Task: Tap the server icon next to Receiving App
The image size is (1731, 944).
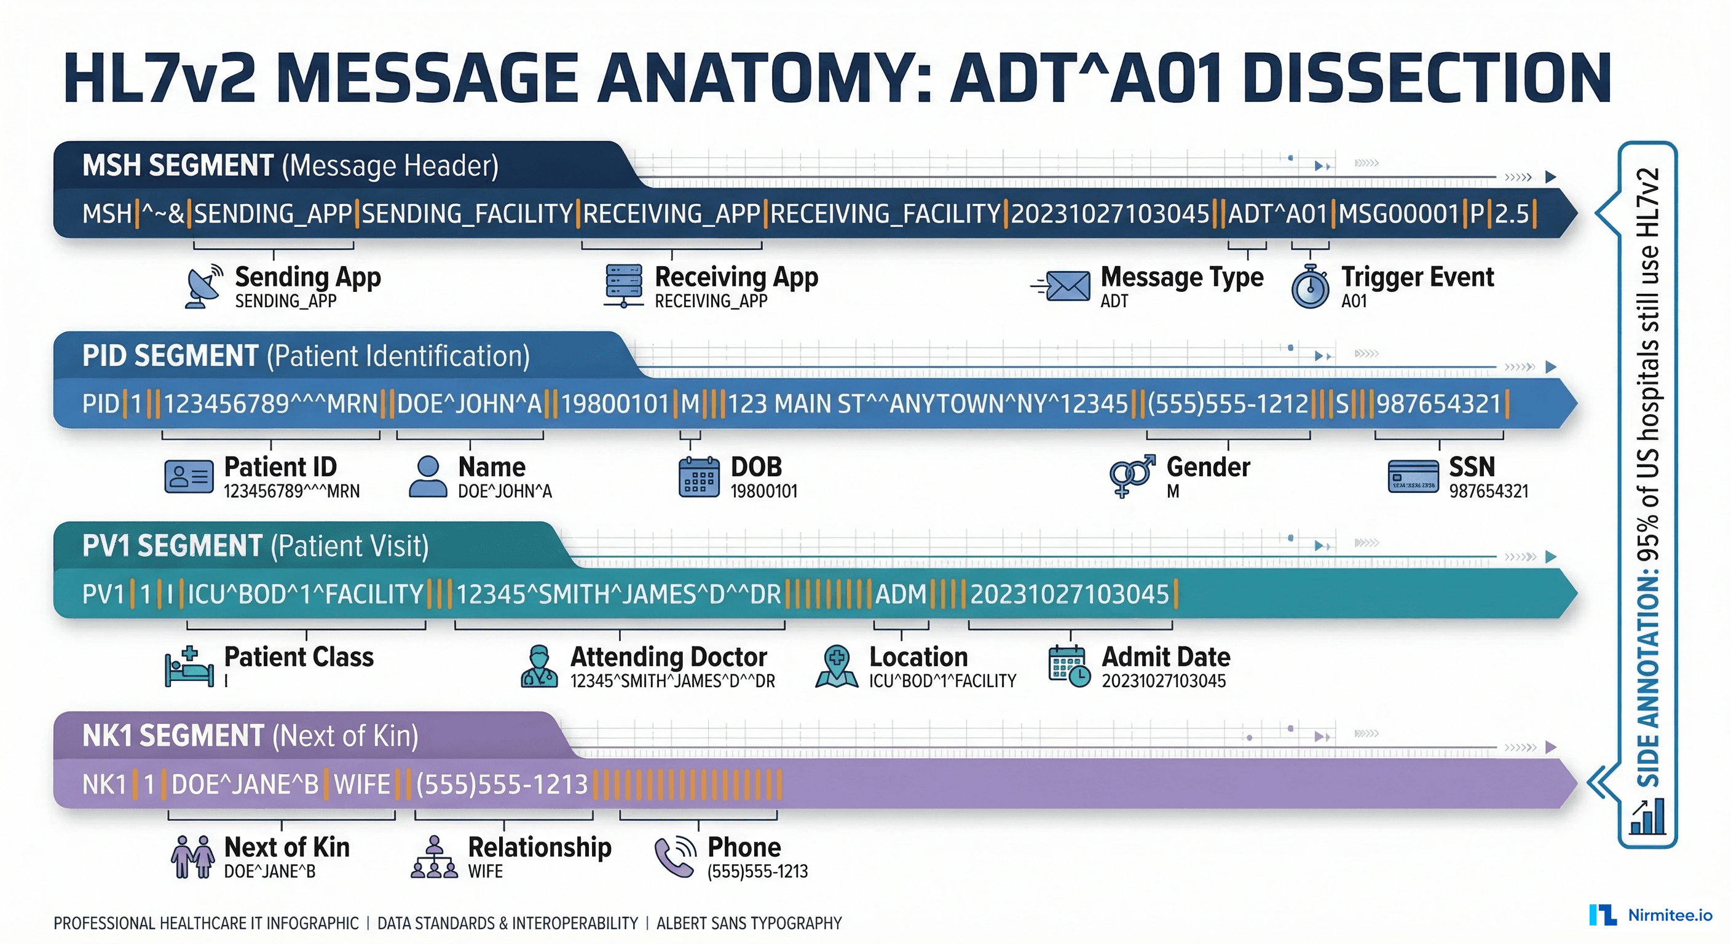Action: [623, 286]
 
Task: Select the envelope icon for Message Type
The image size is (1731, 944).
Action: [1063, 286]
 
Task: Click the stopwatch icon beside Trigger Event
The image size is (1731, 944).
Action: [1310, 287]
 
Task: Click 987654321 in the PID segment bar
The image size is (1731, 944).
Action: [1438, 404]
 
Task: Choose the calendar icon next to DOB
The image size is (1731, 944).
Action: [698, 477]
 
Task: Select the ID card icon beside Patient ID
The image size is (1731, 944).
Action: [189, 476]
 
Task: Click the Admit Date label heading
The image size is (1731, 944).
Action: [1165, 656]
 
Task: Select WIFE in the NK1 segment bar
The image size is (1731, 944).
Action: [361, 785]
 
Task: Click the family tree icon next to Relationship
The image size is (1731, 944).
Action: [434, 857]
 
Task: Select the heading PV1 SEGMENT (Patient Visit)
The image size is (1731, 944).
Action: [255, 546]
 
